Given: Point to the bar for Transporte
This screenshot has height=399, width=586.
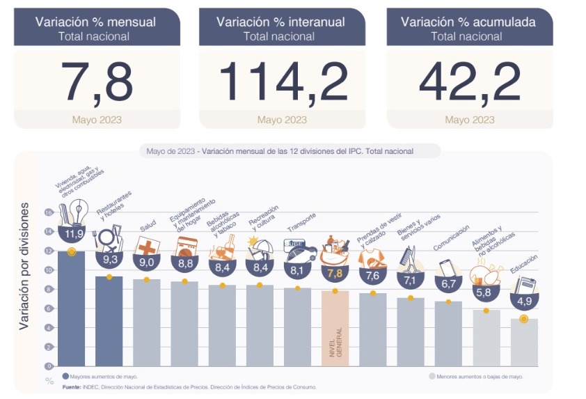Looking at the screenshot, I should [x=297, y=326].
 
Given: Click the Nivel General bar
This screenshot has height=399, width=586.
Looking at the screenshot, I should [x=335, y=327].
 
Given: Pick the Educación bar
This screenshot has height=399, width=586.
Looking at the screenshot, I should [x=523, y=341].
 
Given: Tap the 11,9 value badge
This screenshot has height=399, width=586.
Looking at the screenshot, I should [x=71, y=233].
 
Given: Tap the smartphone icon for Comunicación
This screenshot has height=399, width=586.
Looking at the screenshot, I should [x=447, y=267].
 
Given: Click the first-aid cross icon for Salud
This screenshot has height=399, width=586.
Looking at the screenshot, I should [x=147, y=247].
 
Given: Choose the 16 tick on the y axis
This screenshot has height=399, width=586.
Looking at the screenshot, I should [x=49, y=212].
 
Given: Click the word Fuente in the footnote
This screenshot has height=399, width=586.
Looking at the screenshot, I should [x=72, y=386].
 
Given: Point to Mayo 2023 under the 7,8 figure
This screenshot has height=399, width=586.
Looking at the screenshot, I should [x=97, y=120].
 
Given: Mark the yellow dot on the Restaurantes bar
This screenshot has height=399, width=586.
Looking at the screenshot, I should [x=109, y=277].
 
